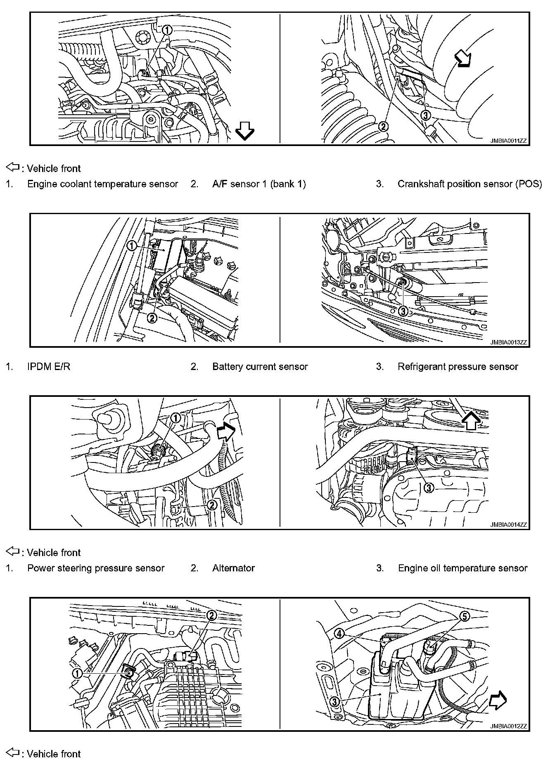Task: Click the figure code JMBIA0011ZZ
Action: click(x=508, y=141)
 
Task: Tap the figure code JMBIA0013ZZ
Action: click(x=508, y=342)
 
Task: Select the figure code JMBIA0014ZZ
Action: click(x=508, y=525)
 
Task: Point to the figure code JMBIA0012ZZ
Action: click(x=508, y=726)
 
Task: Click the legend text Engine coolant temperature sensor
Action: click(x=102, y=184)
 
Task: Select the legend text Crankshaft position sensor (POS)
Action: click(x=470, y=184)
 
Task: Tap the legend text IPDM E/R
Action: click(x=49, y=367)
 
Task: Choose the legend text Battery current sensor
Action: click(x=260, y=367)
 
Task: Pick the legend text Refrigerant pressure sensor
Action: click(x=458, y=367)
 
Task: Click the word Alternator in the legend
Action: click(x=233, y=568)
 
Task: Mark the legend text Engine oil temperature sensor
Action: click(x=462, y=568)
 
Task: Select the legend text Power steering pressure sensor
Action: click(x=96, y=568)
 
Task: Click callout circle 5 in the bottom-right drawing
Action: click(x=465, y=616)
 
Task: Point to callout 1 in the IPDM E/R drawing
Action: click(x=131, y=246)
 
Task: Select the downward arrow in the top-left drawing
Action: click(x=244, y=132)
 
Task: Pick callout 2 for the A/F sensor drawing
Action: click(x=384, y=126)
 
